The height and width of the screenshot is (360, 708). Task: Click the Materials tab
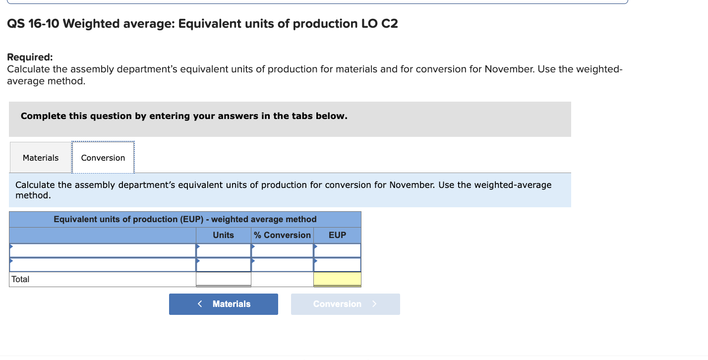(41, 158)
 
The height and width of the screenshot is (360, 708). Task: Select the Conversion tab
(103, 158)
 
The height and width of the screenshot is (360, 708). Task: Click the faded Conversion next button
(345, 304)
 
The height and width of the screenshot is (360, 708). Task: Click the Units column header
(223, 235)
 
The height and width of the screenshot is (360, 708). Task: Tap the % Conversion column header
(283, 235)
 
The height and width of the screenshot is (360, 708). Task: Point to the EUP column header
(337, 235)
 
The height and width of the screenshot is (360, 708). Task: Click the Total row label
(20, 279)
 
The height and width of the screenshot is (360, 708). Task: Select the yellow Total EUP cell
(337, 279)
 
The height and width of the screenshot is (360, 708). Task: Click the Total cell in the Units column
(223, 279)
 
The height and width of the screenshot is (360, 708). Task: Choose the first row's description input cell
(103, 250)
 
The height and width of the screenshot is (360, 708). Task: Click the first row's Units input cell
(223, 250)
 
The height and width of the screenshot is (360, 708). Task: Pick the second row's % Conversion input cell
(283, 265)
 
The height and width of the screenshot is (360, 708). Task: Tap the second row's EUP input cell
(337, 265)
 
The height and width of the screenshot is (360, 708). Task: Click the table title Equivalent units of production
(185, 219)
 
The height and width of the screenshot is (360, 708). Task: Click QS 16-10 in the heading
(33, 24)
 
